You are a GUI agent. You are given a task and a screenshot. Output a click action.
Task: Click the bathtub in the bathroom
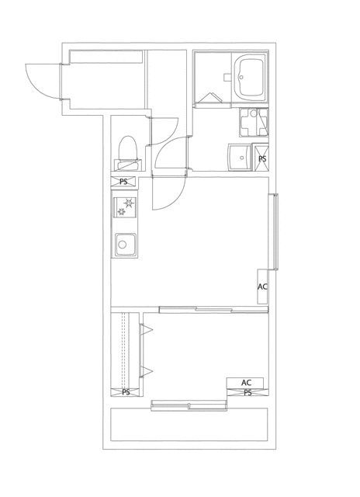point(251,78)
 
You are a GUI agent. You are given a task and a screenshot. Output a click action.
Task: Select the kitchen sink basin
point(126,244)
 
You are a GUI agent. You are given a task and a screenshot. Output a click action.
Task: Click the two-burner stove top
point(125,207)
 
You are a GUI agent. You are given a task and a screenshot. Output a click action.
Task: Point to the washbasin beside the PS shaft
point(240,157)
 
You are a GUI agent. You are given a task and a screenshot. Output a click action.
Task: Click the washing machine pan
point(254,123)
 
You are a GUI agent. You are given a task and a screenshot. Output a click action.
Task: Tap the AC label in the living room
point(262,287)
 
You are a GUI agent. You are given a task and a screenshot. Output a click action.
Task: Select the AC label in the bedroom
point(246,383)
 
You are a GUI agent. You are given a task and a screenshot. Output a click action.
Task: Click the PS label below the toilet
point(123,182)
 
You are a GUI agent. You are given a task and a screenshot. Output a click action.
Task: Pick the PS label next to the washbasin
point(262,158)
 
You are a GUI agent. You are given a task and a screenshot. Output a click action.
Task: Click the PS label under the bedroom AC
point(247,393)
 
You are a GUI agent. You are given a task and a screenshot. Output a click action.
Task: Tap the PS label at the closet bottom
point(126,392)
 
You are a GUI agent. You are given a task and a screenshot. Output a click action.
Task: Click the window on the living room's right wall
point(273,231)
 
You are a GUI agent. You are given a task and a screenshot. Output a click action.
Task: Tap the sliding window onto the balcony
point(189,405)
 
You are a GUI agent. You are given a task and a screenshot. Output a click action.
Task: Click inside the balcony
point(189,425)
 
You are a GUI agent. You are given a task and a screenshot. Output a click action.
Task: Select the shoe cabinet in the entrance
point(106,57)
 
